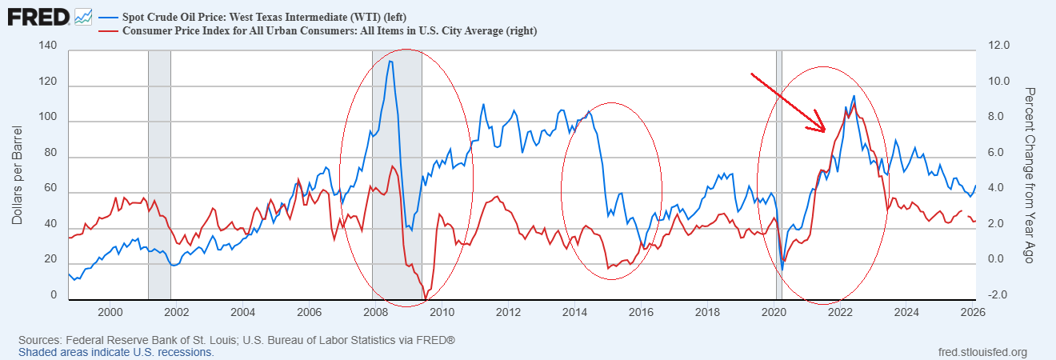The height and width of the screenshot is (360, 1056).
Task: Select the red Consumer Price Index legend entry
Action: point(328,31)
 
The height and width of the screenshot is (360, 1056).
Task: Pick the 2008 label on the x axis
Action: point(375,312)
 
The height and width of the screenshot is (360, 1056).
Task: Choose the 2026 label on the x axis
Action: point(973,312)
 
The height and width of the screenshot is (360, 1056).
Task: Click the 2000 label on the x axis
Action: point(110,312)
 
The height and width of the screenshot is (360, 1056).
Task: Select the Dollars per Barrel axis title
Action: point(17,174)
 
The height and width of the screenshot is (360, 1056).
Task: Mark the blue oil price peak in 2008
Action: point(390,61)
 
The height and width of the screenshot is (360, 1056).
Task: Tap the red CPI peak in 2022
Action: point(854,103)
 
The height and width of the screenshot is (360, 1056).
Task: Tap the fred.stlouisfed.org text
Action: point(982,352)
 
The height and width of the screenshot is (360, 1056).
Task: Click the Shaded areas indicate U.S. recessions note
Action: point(116,352)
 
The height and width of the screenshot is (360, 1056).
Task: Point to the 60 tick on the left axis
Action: point(50,190)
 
